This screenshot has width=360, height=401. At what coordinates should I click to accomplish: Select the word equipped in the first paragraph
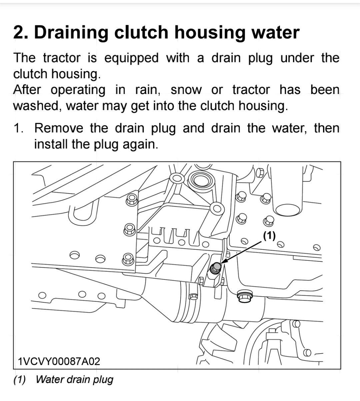click(131, 58)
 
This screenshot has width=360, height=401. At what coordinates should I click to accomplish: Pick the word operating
click(78, 90)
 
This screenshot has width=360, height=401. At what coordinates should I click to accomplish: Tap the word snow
click(186, 90)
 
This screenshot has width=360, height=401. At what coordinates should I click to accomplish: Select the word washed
click(37, 106)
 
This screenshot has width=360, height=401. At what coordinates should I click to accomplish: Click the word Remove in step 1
click(59, 128)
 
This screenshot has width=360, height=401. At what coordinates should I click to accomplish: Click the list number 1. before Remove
click(19, 128)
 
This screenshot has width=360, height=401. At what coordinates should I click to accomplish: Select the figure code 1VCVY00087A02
click(59, 361)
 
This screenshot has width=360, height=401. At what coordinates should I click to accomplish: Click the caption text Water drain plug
click(74, 379)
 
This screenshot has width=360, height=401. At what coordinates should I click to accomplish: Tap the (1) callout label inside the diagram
click(269, 235)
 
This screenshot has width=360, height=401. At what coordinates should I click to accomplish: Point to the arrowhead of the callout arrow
click(222, 263)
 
